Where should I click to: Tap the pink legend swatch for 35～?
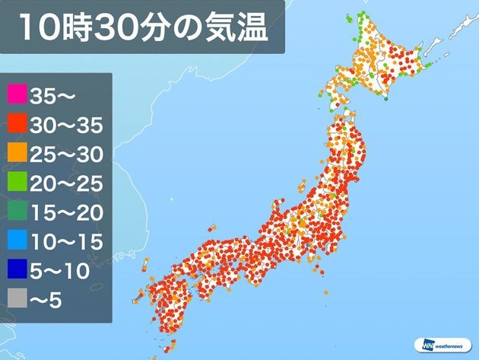pyautogui.click(x=16, y=96)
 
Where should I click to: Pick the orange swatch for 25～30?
pyautogui.click(x=16, y=154)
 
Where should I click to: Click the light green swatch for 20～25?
pyautogui.click(x=16, y=183)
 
